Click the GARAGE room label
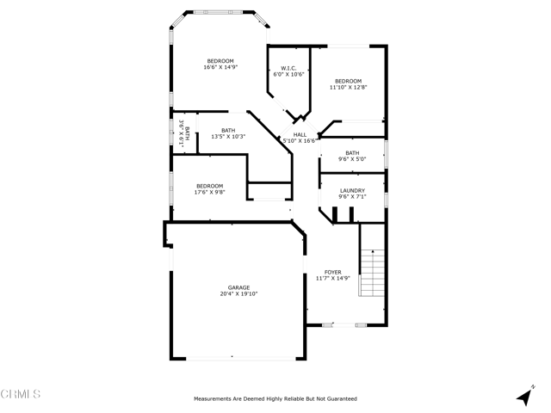[x=238, y=287]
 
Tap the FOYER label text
[x=332, y=272]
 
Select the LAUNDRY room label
[x=352, y=191]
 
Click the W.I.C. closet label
[x=288, y=68]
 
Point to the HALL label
[x=300, y=134]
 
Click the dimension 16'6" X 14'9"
[x=220, y=68]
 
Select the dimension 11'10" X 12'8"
[x=349, y=87]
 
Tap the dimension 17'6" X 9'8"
[x=209, y=192]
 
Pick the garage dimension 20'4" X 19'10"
[x=238, y=294]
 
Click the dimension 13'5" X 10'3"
[x=228, y=137]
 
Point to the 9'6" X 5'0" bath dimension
[x=352, y=159]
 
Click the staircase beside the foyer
[x=370, y=274]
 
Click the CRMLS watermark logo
[x=22, y=395]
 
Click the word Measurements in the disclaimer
[x=215, y=399]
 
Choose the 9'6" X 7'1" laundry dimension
[x=352, y=197]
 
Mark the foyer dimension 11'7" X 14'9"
[x=332, y=278]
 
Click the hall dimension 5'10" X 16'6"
[x=300, y=140]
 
